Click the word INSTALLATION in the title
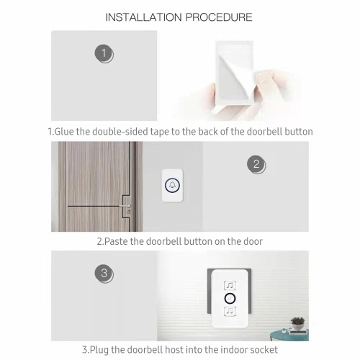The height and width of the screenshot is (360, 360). pyautogui.click(x=143, y=17)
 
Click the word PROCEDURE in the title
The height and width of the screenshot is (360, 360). pyautogui.click(x=219, y=17)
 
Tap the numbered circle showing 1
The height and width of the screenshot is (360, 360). pyautogui.click(x=104, y=54)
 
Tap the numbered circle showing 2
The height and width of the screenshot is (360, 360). pyautogui.click(x=256, y=165)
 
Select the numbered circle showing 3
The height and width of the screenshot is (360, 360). pyautogui.click(x=104, y=274)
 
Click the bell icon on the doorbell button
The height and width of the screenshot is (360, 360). pyautogui.click(x=172, y=185)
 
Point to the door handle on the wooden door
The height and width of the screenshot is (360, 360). pyautogui.click(x=125, y=206)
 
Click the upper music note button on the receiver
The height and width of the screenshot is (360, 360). pyautogui.click(x=230, y=285)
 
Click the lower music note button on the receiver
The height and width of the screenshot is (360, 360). pyautogui.click(x=230, y=311)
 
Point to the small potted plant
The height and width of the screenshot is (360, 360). pyautogui.click(x=297, y=323)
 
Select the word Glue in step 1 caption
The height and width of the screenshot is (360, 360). pyautogui.click(x=64, y=132)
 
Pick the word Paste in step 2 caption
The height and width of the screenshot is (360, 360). pyautogui.click(x=116, y=241)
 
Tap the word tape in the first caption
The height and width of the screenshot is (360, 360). pyautogui.click(x=160, y=132)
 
